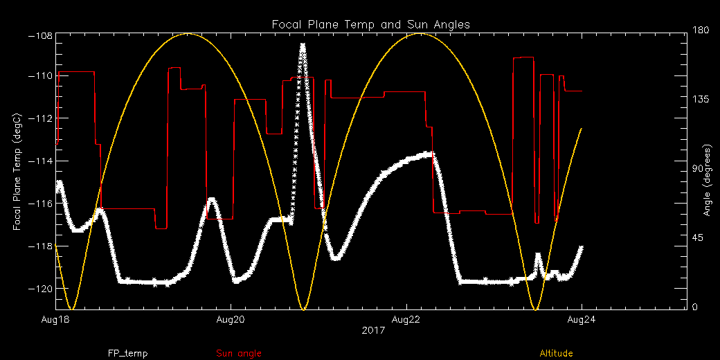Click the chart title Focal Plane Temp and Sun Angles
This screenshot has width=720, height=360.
(x=370, y=24)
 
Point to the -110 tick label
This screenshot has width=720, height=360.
(x=40, y=76)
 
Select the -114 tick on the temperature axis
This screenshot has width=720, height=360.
(x=40, y=161)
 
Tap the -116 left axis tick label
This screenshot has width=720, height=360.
(x=40, y=204)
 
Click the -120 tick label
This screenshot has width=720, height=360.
(x=40, y=289)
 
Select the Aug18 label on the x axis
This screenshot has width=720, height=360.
(x=55, y=319)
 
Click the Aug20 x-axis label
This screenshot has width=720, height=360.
(x=231, y=319)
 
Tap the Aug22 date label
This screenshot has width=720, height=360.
(x=406, y=319)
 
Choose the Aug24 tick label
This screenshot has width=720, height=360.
(x=581, y=319)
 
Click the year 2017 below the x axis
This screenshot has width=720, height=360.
(x=372, y=331)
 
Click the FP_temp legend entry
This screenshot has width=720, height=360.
(x=127, y=353)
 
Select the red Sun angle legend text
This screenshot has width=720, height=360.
(x=239, y=353)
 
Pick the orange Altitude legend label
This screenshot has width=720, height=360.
(x=556, y=353)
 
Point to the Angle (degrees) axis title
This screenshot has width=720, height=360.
(x=707, y=180)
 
